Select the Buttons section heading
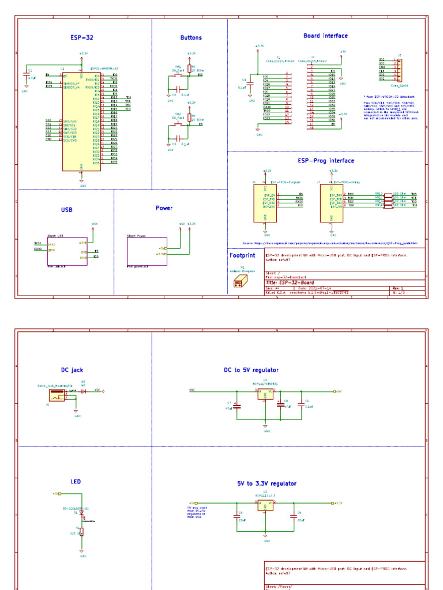point(191,38)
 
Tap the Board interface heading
point(325,36)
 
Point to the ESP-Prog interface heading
point(325,161)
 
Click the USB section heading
point(67,210)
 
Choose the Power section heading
point(164,208)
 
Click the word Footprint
point(242,255)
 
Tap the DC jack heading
point(72,370)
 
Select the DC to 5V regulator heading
point(251,370)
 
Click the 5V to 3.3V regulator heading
point(266,484)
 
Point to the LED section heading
point(76,482)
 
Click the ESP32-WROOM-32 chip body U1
point(81,121)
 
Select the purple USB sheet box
point(67,251)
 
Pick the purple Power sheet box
point(147,251)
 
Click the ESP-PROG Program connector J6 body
point(265,203)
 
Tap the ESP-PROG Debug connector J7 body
point(332,203)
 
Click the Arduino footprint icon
point(240,281)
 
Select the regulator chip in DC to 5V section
point(266,395)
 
